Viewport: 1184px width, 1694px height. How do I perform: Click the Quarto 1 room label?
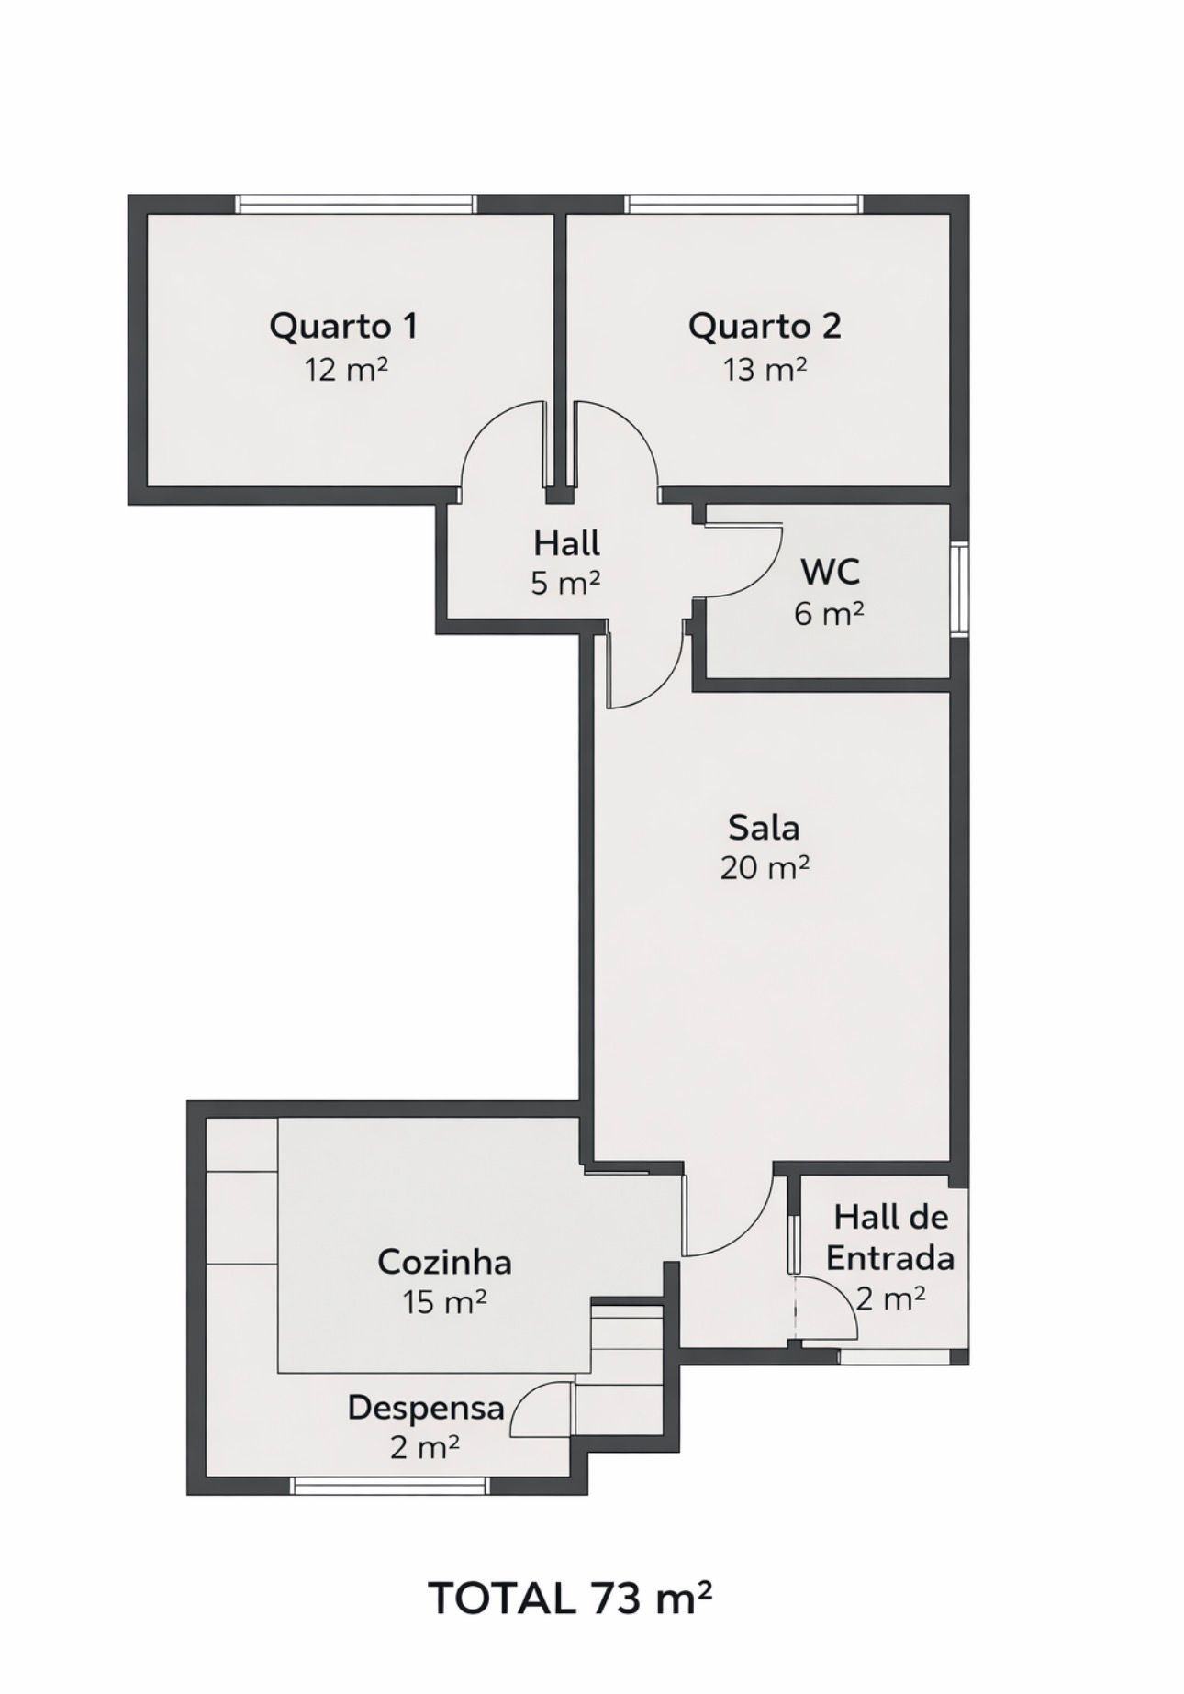point(343,326)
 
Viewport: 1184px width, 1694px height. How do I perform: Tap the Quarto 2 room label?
point(765,326)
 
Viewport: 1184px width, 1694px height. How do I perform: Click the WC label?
point(831,571)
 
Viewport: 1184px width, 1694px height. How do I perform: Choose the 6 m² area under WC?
point(829,613)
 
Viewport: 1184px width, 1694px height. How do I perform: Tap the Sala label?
point(764,828)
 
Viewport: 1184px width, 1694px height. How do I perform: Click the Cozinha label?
point(444,1262)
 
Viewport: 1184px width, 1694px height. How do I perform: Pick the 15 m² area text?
point(444,1301)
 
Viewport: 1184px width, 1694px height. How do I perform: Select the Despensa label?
point(426,1408)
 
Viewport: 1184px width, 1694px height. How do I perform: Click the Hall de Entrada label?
point(889,1237)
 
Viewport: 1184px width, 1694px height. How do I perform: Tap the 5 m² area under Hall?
point(565,583)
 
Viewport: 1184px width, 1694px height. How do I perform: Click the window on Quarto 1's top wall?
point(356,204)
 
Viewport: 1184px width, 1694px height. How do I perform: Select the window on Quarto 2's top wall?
point(742,204)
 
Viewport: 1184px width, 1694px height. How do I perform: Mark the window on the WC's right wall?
point(959,587)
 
